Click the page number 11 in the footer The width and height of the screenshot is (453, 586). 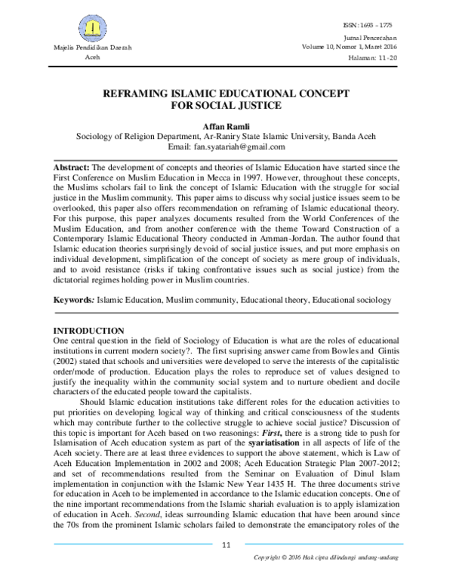tap(226, 566)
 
